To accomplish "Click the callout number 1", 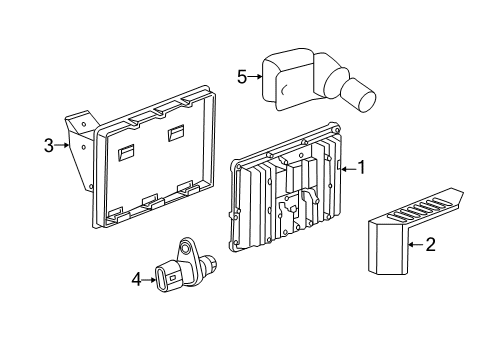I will pyautogui.click(x=362, y=168).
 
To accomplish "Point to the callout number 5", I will pyautogui.click(x=241, y=74).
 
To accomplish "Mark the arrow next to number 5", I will pyautogui.click(x=256, y=74).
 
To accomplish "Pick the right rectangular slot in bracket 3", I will pyautogui.click(x=176, y=133).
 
